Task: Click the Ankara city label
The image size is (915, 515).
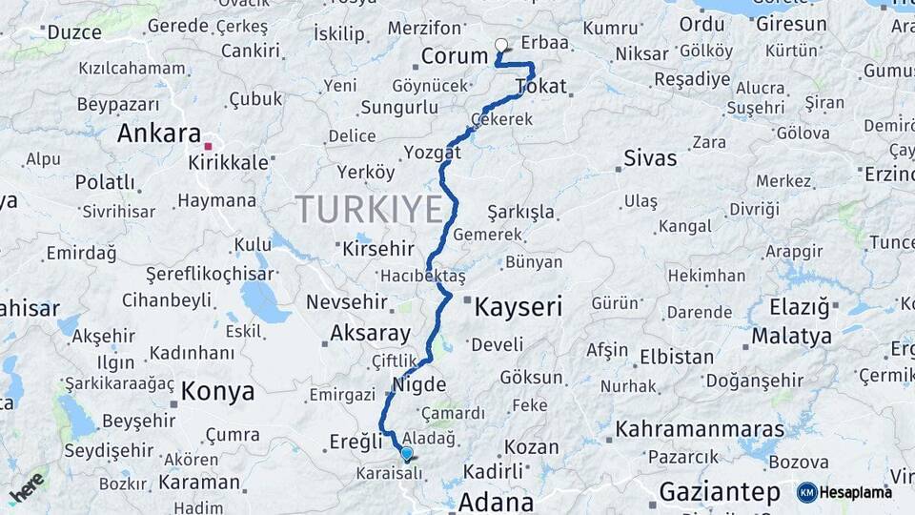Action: [x=158, y=134]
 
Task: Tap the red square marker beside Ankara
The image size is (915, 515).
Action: [x=208, y=146]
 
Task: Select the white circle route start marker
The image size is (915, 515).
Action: [x=501, y=44]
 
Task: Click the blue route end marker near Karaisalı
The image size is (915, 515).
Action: [x=407, y=453]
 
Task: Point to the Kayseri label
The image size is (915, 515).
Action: [x=518, y=307]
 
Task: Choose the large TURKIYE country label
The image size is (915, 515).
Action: [x=369, y=208]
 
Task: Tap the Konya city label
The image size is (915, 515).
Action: [x=217, y=391]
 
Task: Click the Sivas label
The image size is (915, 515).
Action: [x=650, y=158]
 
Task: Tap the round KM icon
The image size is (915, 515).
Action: [x=807, y=492]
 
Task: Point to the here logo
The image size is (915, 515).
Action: [x=27, y=487]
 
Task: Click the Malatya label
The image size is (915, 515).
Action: [x=792, y=336]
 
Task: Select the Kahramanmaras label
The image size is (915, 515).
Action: [x=700, y=429]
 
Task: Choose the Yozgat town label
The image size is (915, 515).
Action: [x=432, y=153]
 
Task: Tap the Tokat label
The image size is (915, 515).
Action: [x=540, y=87]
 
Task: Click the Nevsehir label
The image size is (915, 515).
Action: [x=347, y=302]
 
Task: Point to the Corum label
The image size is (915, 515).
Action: [x=455, y=56]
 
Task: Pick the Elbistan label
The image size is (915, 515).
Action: [x=677, y=358]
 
